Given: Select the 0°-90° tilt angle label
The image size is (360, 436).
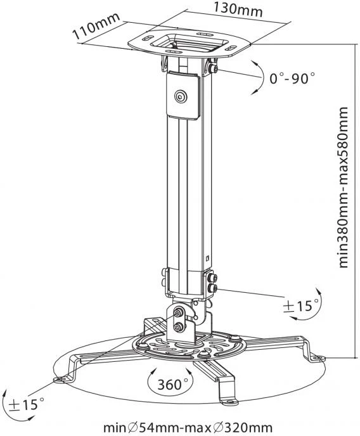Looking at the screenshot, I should [292, 79].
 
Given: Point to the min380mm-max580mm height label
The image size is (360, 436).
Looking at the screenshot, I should [344, 188].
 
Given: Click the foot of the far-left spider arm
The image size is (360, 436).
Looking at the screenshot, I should [61, 378].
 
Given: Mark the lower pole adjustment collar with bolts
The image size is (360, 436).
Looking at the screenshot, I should [188, 282].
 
